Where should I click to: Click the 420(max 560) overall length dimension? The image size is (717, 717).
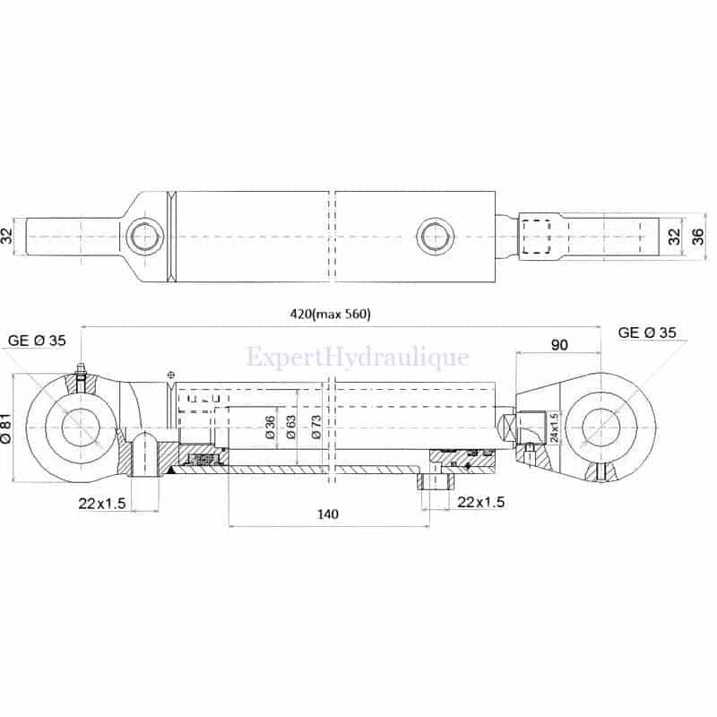pyautogui.click(x=330, y=315)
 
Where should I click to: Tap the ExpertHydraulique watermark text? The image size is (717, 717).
pyautogui.click(x=358, y=357)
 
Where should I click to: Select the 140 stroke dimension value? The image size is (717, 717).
pyautogui.click(x=328, y=514)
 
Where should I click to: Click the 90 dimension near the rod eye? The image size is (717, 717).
pyautogui.click(x=559, y=344)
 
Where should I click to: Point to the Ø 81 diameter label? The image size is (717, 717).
pyautogui.click(x=6, y=428)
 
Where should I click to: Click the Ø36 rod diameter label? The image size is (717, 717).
pyautogui.click(x=271, y=428)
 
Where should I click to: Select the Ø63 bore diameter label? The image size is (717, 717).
pyautogui.click(x=290, y=428)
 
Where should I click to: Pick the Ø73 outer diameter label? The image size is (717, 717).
pyautogui.click(x=316, y=428)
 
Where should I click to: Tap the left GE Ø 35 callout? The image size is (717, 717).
pyautogui.click(x=37, y=341)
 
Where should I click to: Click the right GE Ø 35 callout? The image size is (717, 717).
pyautogui.click(x=646, y=333)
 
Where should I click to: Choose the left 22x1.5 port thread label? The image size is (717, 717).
pyautogui.click(x=101, y=504)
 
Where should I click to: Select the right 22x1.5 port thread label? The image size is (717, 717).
pyautogui.click(x=481, y=502)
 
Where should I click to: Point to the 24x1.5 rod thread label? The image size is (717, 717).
pyautogui.click(x=554, y=428)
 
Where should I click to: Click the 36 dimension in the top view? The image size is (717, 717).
pyautogui.click(x=698, y=237)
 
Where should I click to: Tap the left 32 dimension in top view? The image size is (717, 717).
pyautogui.click(x=6, y=237)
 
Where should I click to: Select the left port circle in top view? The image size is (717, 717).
pyautogui.click(x=145, y=237)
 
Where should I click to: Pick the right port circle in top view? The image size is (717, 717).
pyautogui.click(x=436, y=237)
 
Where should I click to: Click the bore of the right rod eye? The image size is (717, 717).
pyautogui.click(x=600, y=428)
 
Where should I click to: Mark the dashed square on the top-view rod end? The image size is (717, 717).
pyautogui.click(x=536, y=237)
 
